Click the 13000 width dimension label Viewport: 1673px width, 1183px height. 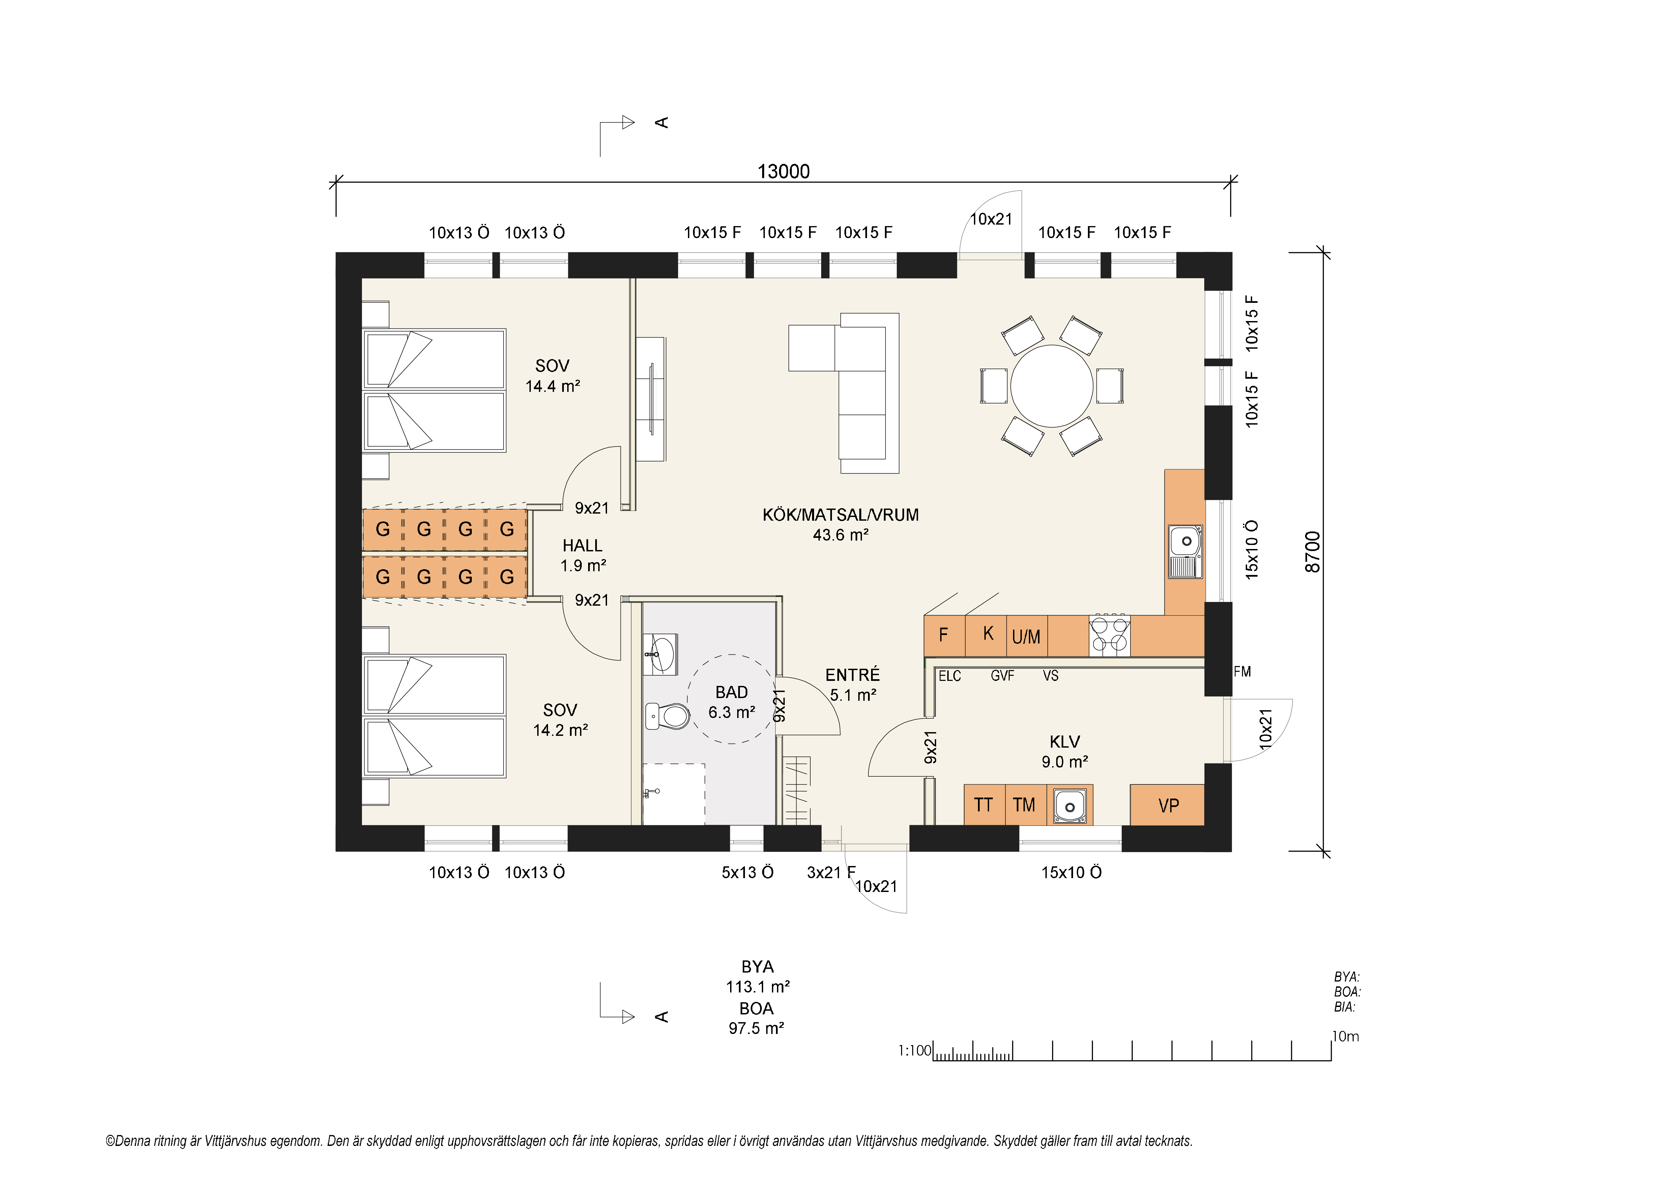point(783,172)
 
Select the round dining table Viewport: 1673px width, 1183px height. point(1051,386)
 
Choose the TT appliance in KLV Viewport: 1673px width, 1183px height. point(984,805)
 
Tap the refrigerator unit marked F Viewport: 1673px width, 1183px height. point(944,635)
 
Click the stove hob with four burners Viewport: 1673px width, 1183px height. point(1109,635)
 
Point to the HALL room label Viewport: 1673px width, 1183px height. point(582,546)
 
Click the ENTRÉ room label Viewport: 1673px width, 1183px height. point(853,675)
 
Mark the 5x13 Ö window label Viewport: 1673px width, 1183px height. point(747,873)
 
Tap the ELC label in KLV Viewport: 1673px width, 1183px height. point(949,676)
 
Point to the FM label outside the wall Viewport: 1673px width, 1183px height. point(1242,672)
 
